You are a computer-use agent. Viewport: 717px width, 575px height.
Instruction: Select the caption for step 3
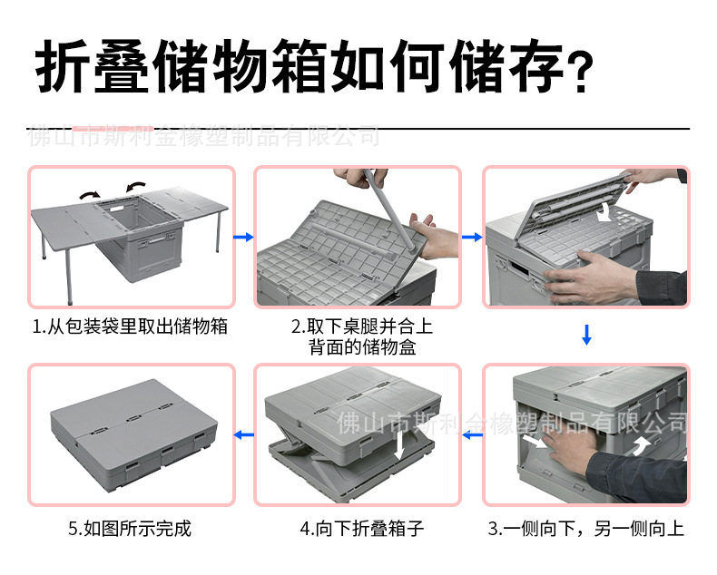point(585,528)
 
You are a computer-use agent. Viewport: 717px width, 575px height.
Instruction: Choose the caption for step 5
point(130,528)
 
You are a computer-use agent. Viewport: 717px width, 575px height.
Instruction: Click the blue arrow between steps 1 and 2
point(243,238)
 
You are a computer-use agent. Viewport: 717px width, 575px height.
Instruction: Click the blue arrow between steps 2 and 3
point(471,238)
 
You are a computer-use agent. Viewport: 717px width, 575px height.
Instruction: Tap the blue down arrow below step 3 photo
point(586,335)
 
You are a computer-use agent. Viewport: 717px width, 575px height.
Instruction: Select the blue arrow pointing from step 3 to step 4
point(471,436)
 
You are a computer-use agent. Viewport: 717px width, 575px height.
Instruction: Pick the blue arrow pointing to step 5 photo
point(243,436)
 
